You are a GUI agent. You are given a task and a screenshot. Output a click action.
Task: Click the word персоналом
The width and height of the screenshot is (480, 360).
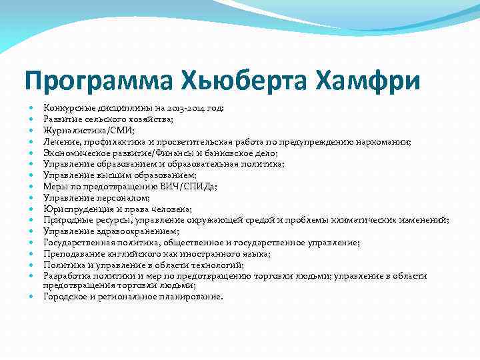121,197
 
